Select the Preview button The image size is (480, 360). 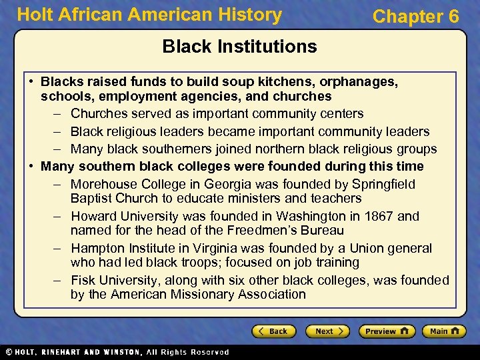pos(387,331)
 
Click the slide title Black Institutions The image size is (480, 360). pos(239,46)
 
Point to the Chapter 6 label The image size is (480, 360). pos(415,17)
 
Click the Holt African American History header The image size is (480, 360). pos(149,15)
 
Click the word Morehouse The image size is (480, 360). pos(103,184)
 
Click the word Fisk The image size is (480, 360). pos(84,280)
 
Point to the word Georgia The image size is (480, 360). pos(231,184)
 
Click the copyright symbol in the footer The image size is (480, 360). pos(8,352)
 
